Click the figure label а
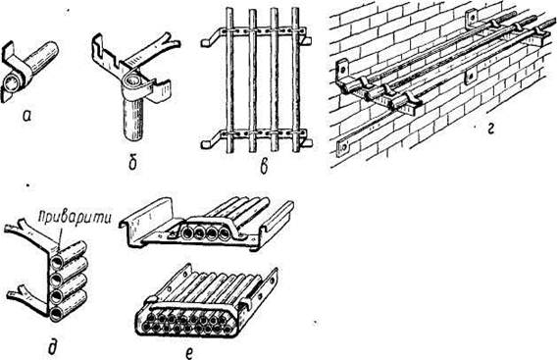pos(26,116)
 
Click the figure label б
pos(132,162)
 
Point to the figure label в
pos(264,168)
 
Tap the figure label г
pos(490,130)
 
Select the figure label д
pos(52,347)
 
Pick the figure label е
pos(190,352)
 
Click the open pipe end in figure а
pos(12,84)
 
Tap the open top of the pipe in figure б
pos(133,81)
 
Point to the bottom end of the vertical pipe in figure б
pos(133,136)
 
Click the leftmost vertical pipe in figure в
pos(229,80)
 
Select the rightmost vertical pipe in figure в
pos(295,80)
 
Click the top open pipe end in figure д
pos(57,262)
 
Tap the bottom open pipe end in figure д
pos(57,315)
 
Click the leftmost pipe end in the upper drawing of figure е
pos(186,233)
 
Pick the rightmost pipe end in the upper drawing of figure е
pos(225,233)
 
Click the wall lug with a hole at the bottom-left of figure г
pos(343,148)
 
